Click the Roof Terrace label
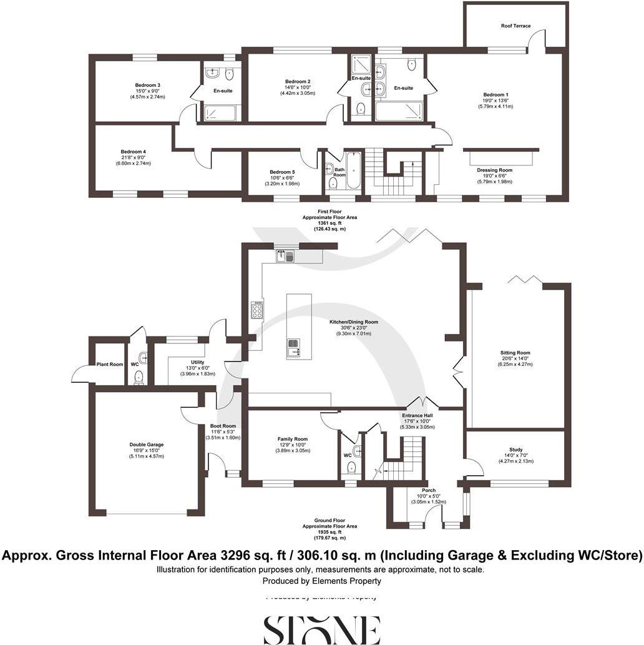click(x=515, y=26)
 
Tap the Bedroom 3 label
click(x=147, y=86)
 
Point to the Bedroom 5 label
click(x=282, y=172)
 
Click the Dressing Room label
click(x=494, y=170)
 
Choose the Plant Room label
click(x=109, y=365)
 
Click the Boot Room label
click(x=223, y=426)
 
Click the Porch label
click(x=428, y=490)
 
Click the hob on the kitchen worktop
click(x=256, y=310)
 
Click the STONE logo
click(x=321, y=629)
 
